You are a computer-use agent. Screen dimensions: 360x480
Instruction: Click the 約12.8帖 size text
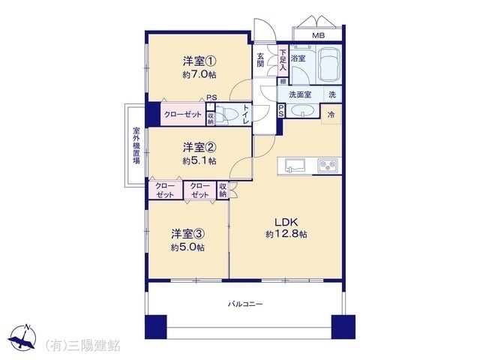[x=286, y=235]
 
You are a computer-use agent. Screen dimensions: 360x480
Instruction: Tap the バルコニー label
[x=245, y=304]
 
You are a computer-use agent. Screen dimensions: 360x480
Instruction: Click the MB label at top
[x=319, y=35]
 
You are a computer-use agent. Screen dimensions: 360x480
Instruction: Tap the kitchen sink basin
[x=292, y=165]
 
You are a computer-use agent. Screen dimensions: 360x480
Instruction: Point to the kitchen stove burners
[x=327, y=165]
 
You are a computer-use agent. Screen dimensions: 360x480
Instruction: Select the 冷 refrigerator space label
[x=331, y=115]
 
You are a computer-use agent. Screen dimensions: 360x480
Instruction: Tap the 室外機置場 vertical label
[x=136, y=143]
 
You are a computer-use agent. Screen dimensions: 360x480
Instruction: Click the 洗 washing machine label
[x=331, y=94]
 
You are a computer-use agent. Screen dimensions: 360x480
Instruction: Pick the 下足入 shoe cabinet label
[x=283, y=60]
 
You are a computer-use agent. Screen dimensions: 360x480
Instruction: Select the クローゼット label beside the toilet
[x=182, y=115]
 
